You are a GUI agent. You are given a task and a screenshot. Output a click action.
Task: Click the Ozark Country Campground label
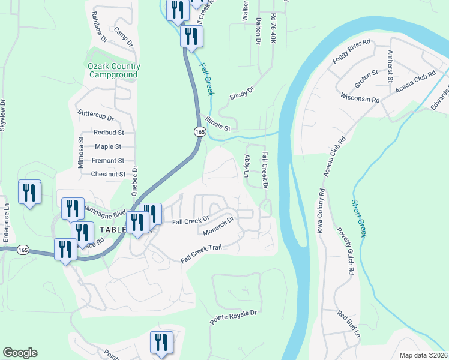point(114,70)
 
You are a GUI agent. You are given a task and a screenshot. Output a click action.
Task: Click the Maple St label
point(108,146)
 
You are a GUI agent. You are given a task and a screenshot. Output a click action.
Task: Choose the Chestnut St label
point(108,175)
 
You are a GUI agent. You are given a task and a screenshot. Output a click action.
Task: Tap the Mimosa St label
point(82,155)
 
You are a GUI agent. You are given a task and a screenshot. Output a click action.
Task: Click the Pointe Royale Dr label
point(233,317)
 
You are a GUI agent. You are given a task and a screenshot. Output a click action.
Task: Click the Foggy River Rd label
point(352,53)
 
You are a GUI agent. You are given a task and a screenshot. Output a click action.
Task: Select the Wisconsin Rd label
point(360,97)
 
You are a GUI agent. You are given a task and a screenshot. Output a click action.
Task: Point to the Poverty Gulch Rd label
point(345,251)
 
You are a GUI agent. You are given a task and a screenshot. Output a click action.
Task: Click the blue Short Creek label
point(358,218)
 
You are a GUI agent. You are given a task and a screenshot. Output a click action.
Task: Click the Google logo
point(20,352)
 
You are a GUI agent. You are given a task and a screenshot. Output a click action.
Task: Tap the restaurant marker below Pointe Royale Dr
point(161,343)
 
